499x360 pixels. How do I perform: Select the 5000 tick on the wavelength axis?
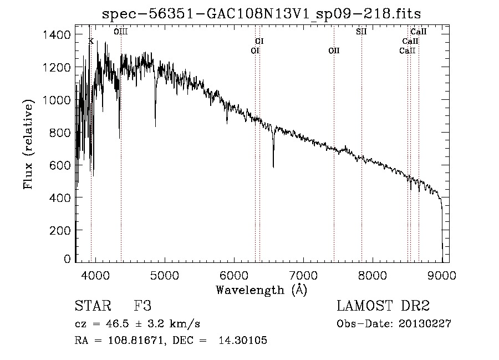click(x=164, y=275)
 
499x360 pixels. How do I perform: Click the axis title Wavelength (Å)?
click(x=261, y=290)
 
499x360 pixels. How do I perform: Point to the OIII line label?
click(x=121, y=32)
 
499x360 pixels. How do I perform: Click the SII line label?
click(x=361, y=32)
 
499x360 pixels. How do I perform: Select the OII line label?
click(x=334, y=51)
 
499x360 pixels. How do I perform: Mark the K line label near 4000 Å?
click(x=91, y=41)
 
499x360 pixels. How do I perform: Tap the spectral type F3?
click(x=143, y=306)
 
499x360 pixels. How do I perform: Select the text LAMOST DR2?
click(x=383, y=306)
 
